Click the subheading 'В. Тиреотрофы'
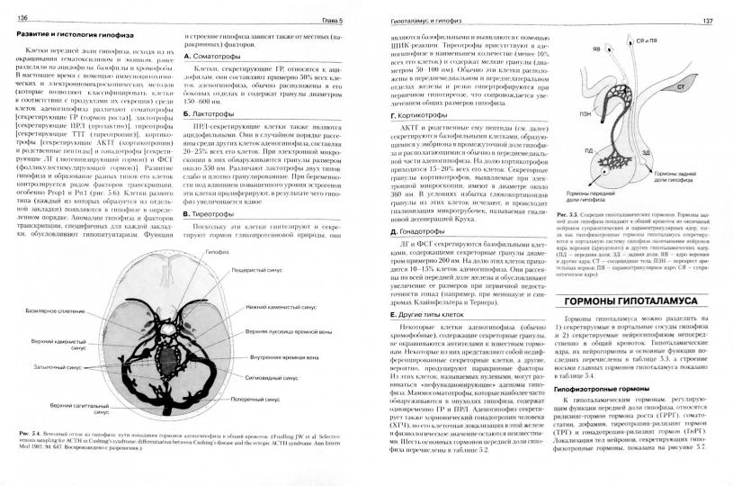(210, 215)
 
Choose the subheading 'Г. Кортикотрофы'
(418, 117)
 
